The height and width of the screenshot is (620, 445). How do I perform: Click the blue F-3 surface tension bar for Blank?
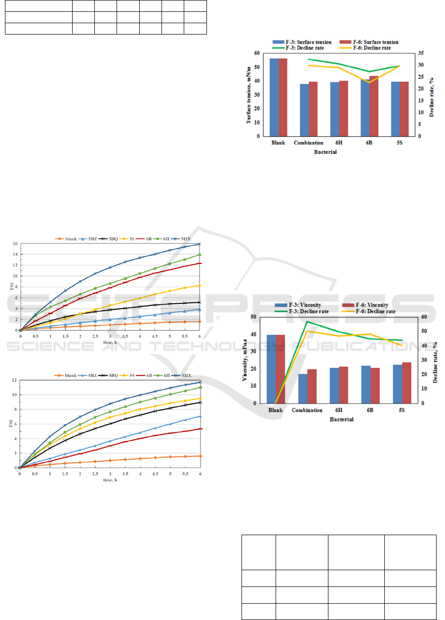point(274,97)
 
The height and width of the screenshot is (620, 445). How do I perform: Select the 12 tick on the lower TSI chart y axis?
point(14,380)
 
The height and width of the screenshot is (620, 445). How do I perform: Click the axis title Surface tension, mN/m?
point(250,95)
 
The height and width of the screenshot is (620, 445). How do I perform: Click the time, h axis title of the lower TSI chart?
point(109,480)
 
